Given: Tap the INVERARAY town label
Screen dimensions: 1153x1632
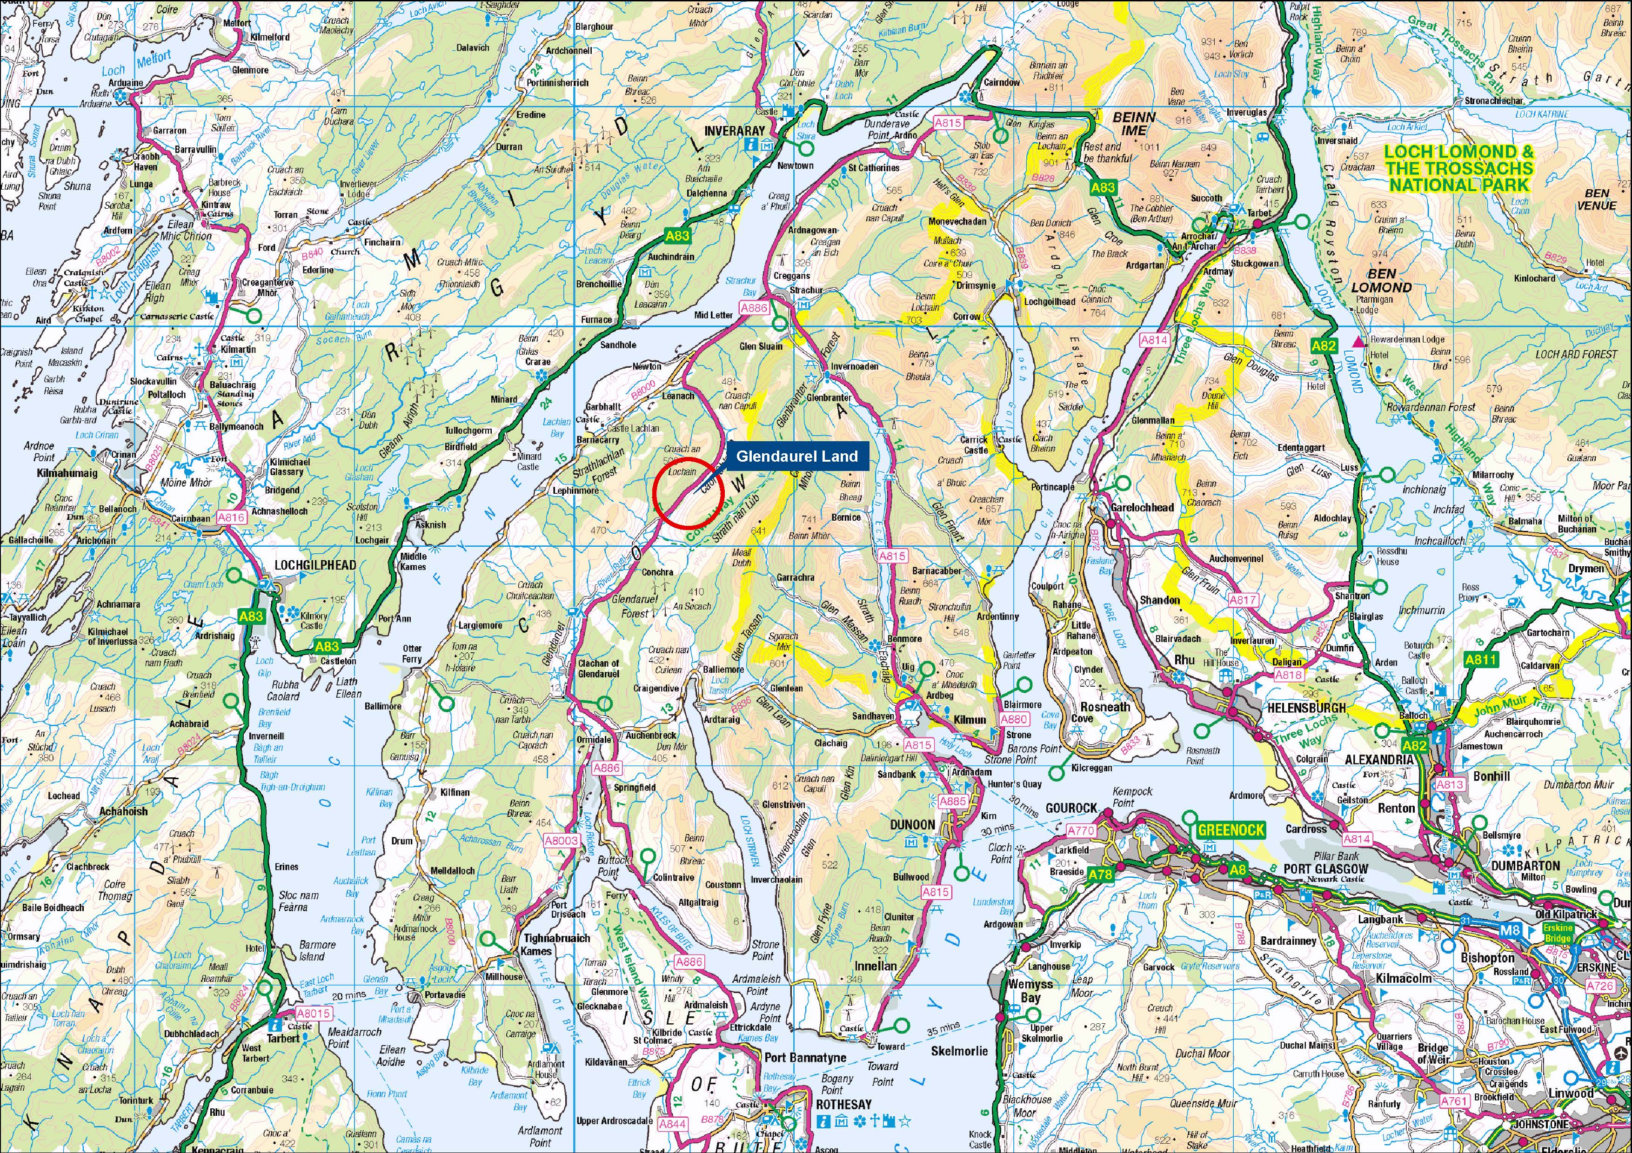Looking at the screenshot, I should coord(734,131).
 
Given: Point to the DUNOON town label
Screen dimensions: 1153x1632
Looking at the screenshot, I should coord(913,824).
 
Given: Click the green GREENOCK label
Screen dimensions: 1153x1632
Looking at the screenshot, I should coord(1231,830).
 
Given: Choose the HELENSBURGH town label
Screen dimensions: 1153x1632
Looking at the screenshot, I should coord(1306,708).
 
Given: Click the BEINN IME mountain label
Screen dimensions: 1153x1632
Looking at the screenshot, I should coord(1134,124).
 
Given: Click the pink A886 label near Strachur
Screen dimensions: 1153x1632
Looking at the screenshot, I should coord(754,308).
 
